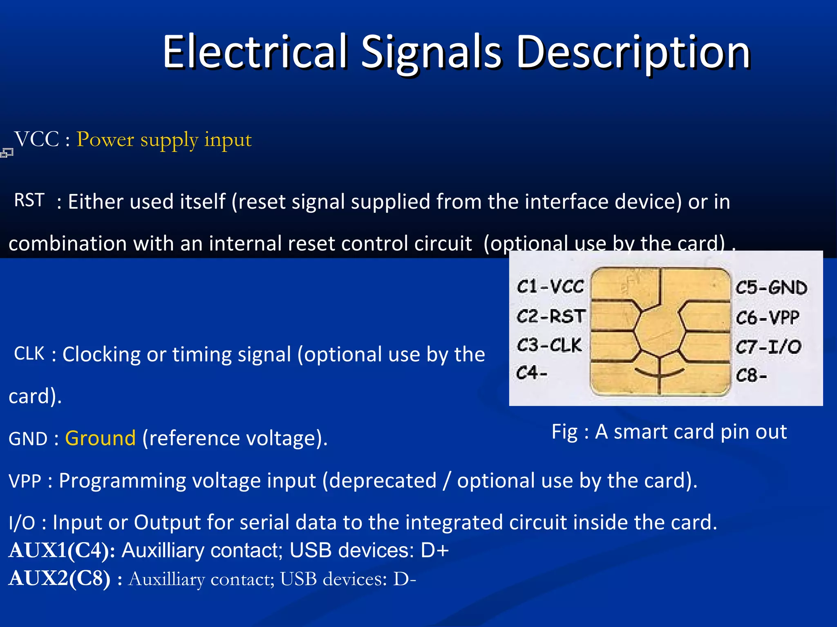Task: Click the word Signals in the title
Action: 431,52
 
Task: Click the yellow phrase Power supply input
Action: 164,140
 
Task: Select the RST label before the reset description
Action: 29,200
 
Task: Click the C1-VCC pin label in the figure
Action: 550,287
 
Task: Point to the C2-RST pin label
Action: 551,316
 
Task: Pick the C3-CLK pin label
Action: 549,345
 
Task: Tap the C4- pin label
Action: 531,373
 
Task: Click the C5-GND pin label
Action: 771,288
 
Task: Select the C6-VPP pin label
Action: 767,318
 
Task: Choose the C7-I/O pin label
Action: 768,347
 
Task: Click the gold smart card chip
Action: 660,331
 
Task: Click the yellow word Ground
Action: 100,438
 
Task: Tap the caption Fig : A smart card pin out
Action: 669,431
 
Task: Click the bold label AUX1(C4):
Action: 61,550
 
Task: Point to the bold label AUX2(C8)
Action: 59,578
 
